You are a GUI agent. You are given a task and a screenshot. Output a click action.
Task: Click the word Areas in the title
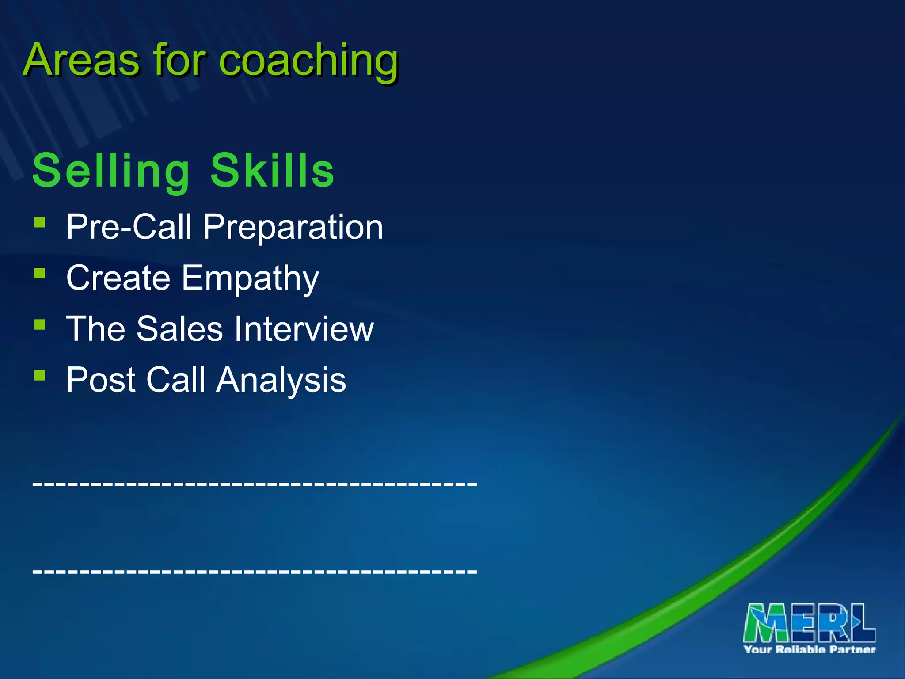pos(81,60)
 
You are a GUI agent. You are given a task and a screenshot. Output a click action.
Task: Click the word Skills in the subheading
pos(272,171)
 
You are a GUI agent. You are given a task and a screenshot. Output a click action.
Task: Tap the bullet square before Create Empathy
pos(40,273)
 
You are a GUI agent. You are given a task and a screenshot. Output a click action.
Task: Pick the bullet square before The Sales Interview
pos(40,324)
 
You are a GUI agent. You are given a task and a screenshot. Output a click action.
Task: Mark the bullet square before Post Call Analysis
pos(40,375)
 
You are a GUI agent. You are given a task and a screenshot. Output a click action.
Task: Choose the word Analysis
pos(281,380)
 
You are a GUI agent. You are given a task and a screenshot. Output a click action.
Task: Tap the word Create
pos(118,278)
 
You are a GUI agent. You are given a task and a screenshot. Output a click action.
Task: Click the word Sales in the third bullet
pos(179,329)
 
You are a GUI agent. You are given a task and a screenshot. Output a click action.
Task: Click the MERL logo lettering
pos(810,623)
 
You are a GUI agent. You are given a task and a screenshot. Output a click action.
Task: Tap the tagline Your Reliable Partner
pos(810,649)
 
